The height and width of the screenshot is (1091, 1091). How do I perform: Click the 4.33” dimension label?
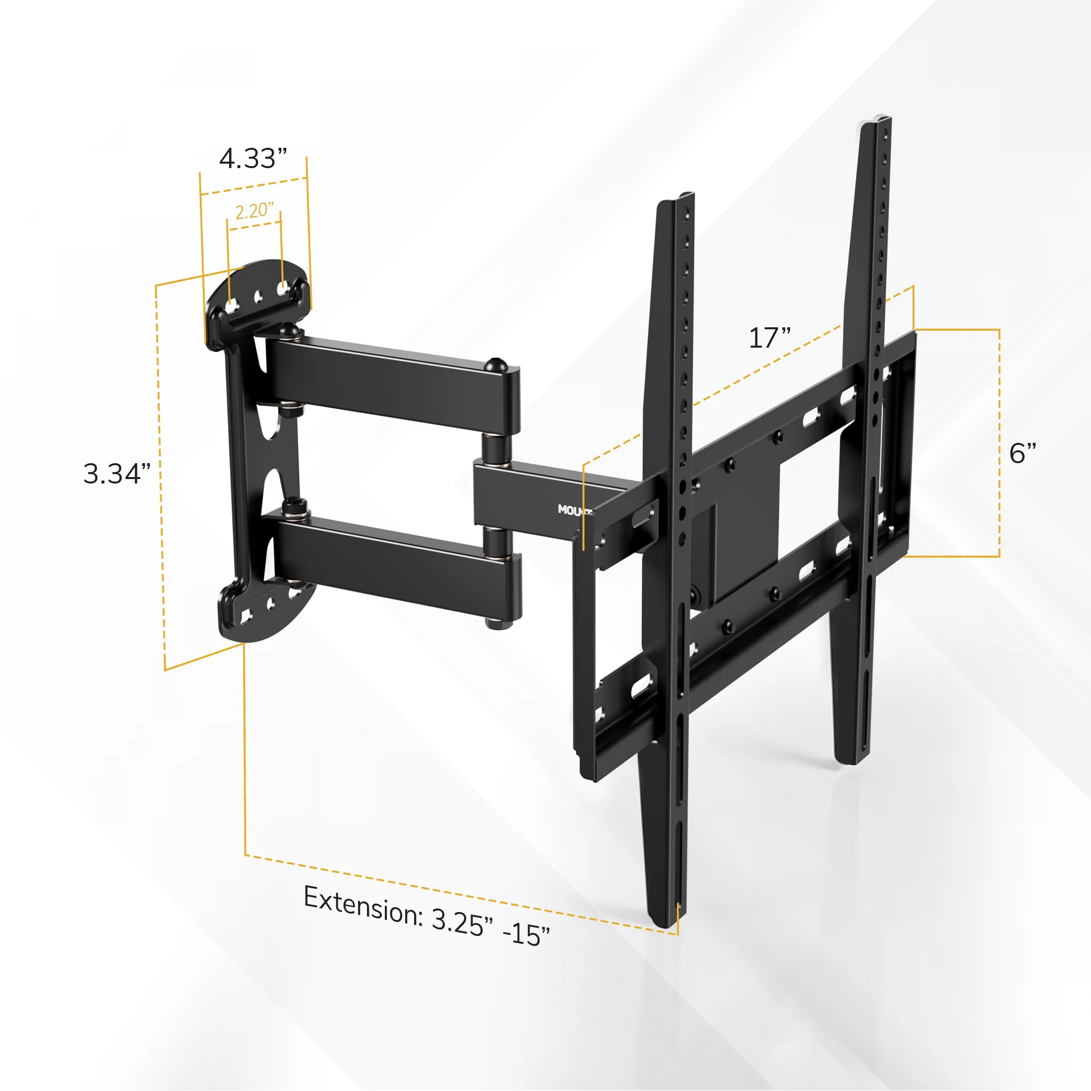click(253, 158)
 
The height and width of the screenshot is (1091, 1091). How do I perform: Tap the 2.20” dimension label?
click(254, 211)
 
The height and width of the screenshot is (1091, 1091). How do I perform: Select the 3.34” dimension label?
click(117, 473)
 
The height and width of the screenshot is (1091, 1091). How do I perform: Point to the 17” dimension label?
click(770, 338)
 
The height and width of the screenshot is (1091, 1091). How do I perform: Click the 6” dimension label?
click(1023, 453)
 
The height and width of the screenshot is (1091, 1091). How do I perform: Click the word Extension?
click(363, 907)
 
